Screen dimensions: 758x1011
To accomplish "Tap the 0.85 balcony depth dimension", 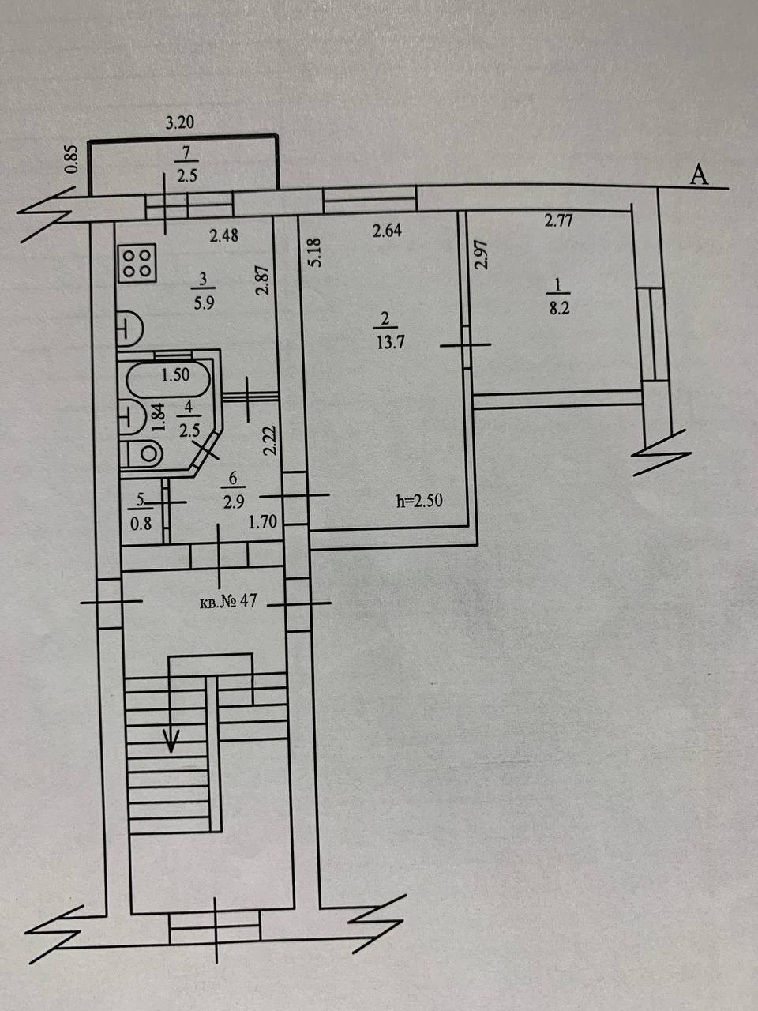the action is [x=71, y=160].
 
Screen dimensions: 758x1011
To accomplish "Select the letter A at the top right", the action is [x=698, y=175].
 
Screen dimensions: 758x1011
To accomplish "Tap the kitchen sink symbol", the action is [x=129, y=329].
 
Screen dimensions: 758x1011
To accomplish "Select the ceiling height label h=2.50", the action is [x=419, y=500].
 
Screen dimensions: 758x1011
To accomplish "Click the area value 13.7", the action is [x=385, y=343].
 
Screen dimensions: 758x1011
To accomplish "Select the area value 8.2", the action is [x=559, y=309].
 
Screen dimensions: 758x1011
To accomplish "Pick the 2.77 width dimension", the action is [x=558, y=221].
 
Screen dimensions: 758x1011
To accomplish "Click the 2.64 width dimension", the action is [x=387, y=231].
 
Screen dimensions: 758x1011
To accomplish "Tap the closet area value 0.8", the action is [x=141, y=521].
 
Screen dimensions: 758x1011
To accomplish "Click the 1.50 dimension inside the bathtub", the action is [x=174, y=375].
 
